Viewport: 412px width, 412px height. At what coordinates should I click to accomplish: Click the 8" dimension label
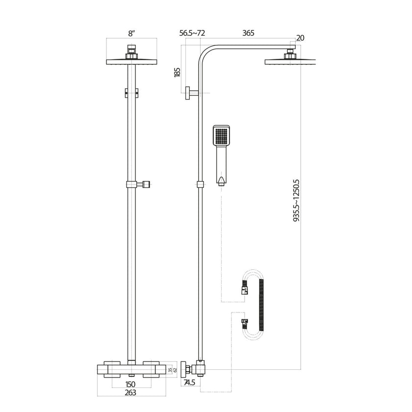131,33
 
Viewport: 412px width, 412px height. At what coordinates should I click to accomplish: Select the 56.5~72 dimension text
192,33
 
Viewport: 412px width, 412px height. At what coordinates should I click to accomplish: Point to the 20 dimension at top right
300,38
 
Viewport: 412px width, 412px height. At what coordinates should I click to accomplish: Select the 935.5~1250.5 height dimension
296,201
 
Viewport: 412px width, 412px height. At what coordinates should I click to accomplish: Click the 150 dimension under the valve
130,384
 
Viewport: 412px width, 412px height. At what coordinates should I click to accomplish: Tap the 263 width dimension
130,392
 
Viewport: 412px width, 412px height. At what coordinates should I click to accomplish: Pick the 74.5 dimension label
189,383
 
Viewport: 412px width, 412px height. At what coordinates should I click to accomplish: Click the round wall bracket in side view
188,93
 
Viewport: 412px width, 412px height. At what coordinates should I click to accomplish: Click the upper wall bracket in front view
131,92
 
